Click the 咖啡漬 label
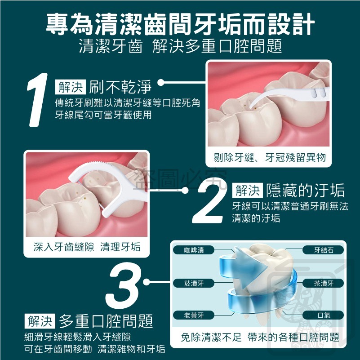(x=194, y=250)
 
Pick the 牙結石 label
(x=324, y=250)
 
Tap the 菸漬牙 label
(x=194, y=283)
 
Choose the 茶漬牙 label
(x=324, y=283)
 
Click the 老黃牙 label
(x=194, y=316)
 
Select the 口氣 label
(x=324, y=316)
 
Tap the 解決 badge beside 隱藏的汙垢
(x=247, y=191)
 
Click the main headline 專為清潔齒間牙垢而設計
(x=180, y=24)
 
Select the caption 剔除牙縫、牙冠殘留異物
(x=269, y=158)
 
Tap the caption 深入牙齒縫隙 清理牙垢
(x=87, y=247)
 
